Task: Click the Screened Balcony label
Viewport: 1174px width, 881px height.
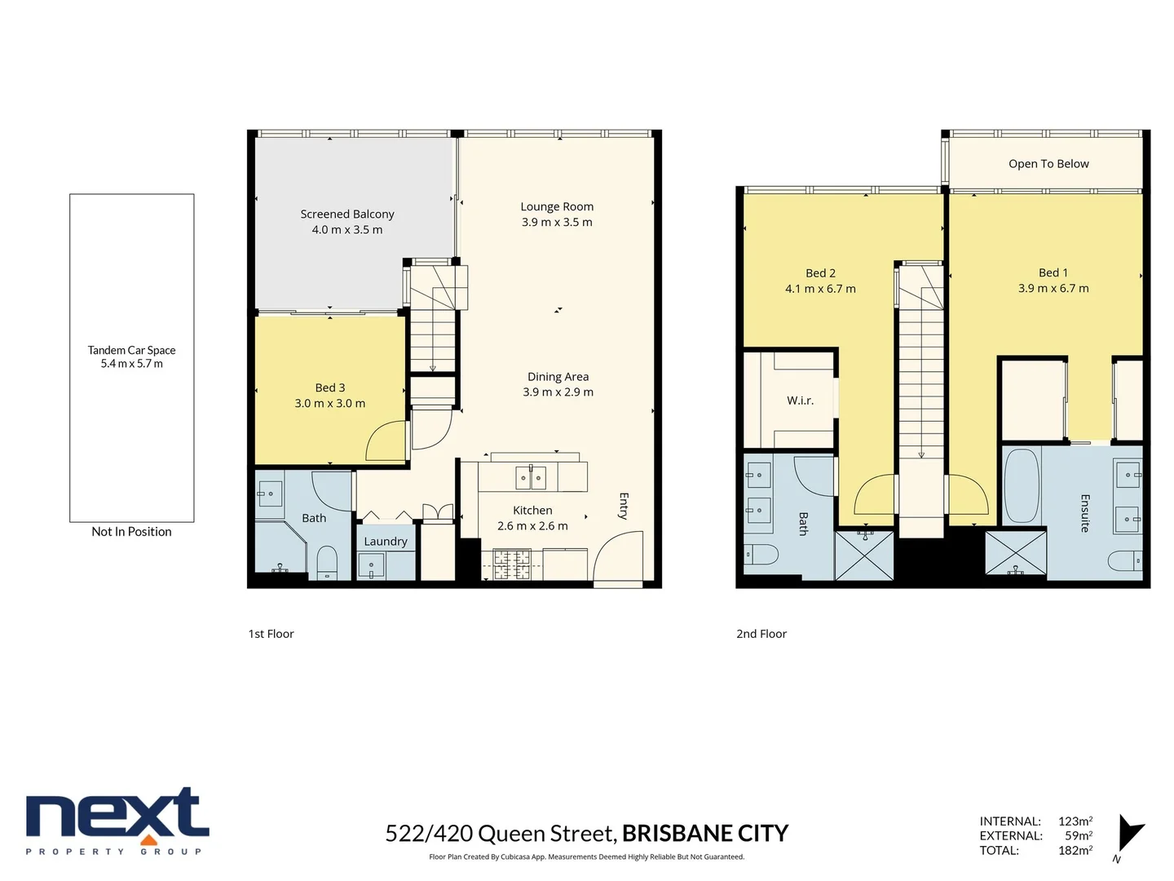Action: pos(347,214)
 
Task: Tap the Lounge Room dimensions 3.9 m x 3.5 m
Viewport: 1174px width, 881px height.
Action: pos(557,222)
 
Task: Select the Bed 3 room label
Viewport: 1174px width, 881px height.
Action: pos(330,387)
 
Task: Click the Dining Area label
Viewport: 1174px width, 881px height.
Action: pos(558,376)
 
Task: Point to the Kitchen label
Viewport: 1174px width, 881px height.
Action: pos(532,510)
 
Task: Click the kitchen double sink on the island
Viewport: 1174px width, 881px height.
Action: pos(531,476)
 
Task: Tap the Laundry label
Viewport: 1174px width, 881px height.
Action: pos(385,541)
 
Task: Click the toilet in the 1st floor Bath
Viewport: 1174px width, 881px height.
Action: pos(326,561)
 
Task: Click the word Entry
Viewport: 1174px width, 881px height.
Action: pos(624,506)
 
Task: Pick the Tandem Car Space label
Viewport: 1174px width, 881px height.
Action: pos(131,350)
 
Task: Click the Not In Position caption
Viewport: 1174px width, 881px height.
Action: pos(131,531)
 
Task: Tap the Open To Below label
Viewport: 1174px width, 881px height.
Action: pos(1048,163)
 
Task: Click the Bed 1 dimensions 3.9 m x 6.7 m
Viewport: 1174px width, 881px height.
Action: pos(1053,288)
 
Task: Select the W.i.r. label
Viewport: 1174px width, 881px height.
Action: pos(800,400)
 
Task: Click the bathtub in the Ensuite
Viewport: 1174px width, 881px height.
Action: pos(1021,486)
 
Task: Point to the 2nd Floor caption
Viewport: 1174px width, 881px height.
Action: pos(761,633)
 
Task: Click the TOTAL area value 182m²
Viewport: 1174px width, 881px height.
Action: pos(1075,850)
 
